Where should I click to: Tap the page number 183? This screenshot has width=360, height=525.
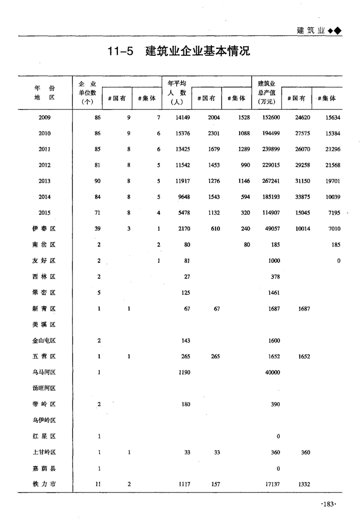pos(328,504)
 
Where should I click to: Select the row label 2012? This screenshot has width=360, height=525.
pos(44,165)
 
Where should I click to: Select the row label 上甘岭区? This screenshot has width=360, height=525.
pos(44,453)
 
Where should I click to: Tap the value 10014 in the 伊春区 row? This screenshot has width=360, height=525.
pos(302,229)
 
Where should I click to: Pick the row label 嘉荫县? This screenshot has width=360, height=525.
pos(44,468)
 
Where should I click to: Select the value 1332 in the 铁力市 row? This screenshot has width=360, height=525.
pos(304,484)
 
